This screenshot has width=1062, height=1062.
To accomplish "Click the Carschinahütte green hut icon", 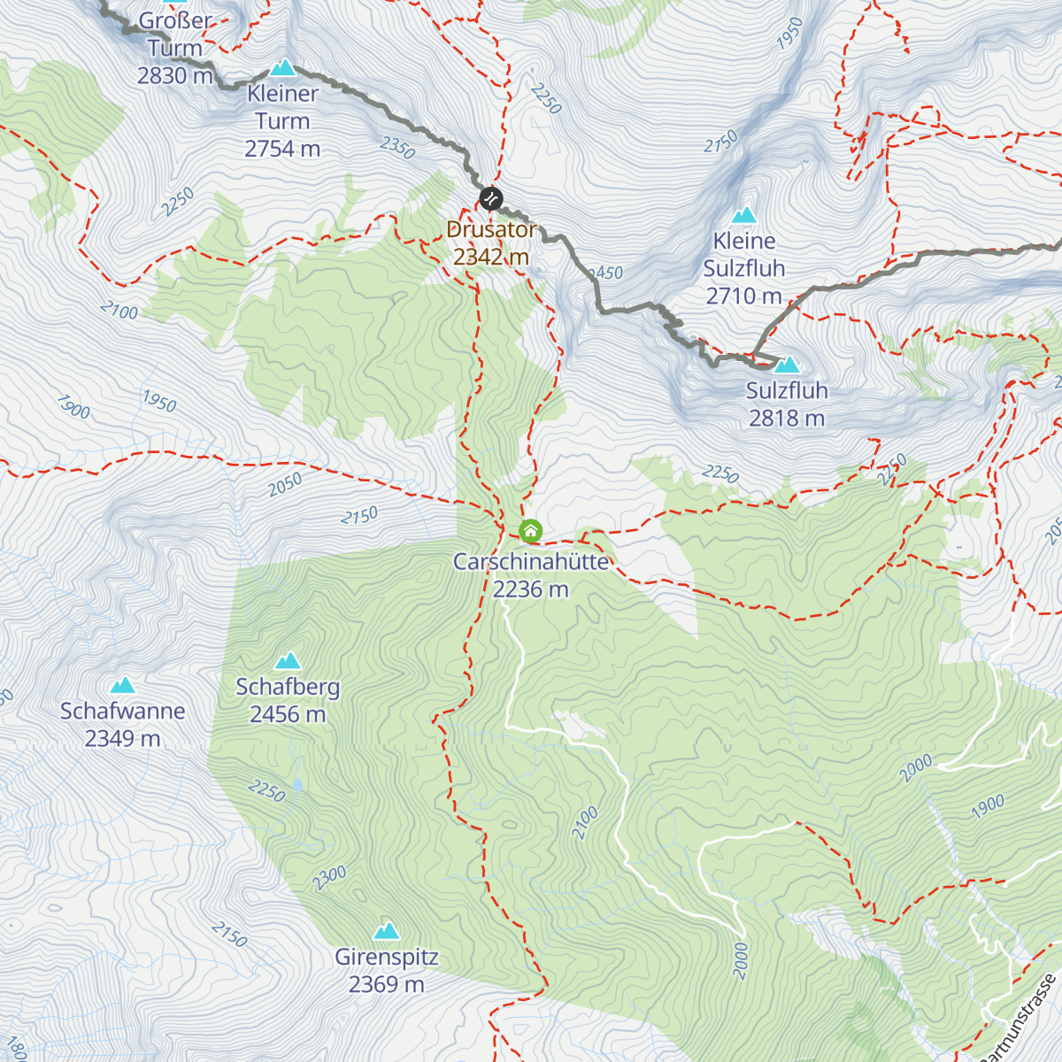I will click(530, 531).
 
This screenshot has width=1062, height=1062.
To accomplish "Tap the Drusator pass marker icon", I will click(491, 198).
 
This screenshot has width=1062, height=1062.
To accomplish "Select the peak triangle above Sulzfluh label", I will click(787, 365).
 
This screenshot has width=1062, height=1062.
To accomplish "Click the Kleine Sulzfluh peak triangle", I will click(744, 214).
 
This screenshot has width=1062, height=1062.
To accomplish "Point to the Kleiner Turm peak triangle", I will click(282, 67).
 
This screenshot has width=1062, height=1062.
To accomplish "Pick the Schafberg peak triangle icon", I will click(288, 661).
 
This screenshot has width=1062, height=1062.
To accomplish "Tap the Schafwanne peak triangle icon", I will click(122, 685).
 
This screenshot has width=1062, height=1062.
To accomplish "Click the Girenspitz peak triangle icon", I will click(386, 931).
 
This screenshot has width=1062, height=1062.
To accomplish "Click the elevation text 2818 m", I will click(787, 418).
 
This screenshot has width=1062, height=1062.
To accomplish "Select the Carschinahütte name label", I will click(531, 561).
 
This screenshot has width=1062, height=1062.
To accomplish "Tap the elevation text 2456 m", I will click(288, 714).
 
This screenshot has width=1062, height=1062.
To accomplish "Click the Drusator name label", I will click(491, 229).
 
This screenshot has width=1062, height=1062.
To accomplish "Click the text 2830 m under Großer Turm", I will click(175, 75).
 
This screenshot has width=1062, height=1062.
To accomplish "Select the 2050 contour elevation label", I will click(285, 484).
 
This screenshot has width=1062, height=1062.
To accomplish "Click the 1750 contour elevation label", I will click(720, 142).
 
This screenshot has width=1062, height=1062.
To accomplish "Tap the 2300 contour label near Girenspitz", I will click(329, 878).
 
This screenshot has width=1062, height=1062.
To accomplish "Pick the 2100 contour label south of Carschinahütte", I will click(584, 823).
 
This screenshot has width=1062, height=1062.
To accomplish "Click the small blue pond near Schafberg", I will click(297, 785).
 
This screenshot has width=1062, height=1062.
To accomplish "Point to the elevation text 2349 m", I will click(122, 738).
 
